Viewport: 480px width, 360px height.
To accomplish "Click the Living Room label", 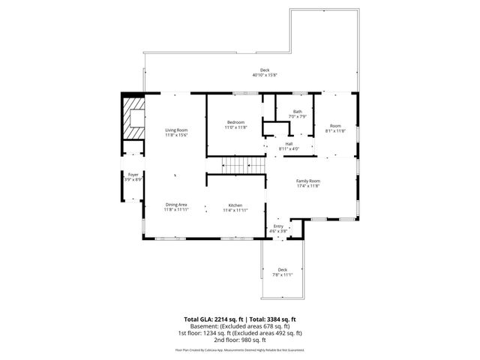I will pyautogui.click(x=177, y=130).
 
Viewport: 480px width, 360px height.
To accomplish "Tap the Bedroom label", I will pyautogui.click(x=237, y=122).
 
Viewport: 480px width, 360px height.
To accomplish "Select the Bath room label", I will pyautogui.click(x=298, y=112).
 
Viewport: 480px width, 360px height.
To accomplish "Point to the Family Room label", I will pyautogui.click(x=308, y=181).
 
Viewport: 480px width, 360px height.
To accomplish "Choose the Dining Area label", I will pyautogui.click(x=176, y=205).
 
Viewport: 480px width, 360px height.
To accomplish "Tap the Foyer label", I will pyautogui.click(x=133, y=174).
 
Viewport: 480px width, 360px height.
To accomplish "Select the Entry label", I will pyautogui.click(x=278, y=226).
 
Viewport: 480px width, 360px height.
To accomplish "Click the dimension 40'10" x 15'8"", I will pyautogui.click(x=265, y=76).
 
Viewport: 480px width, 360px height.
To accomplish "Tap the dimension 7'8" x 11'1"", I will pyautogui.click(x=282, y=275).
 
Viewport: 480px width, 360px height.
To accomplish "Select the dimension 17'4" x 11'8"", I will pyautogui.click(x=308, y=186).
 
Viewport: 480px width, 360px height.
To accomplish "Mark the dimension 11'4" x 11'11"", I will pyautogui.click(x=235, y=210).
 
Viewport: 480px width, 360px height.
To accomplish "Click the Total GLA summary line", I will pyautogui.click(x=240, y=319).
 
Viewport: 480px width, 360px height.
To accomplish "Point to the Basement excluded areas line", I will pyautogui.click(x=240, y=326).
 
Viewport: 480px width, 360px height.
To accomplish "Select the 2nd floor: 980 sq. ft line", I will pyautogui.click(x=240, y=340).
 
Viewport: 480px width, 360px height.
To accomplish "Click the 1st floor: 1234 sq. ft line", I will pyautogui.click(x=240, y=333).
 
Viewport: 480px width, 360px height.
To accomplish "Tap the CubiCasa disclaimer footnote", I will pyautogui.click(x=240, y=349).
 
